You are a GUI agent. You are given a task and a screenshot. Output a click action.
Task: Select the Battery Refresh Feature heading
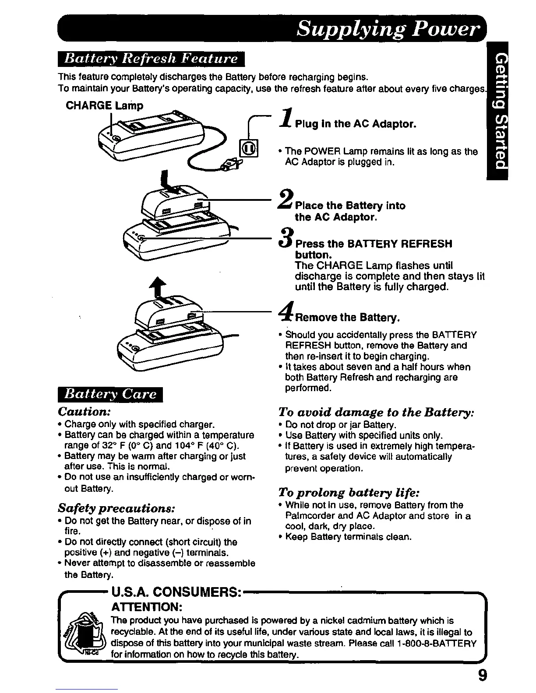point(151,59)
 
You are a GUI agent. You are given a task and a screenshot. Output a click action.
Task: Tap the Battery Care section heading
point(110,394)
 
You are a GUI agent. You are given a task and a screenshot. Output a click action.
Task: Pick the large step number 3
point(286,238)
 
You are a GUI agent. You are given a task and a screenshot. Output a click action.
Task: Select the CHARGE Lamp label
point(104,106)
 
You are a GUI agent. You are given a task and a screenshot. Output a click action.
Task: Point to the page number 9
point(482,675)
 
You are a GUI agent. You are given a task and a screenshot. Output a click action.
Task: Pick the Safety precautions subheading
point(117,508)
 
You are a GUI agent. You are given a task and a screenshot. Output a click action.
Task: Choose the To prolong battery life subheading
point(349,493)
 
